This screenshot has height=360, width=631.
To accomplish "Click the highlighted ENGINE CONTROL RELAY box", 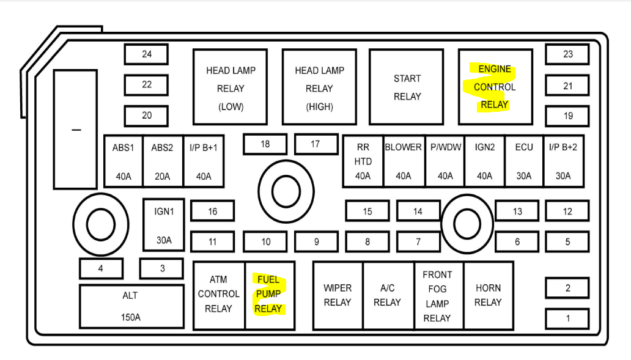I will pyautogui.click(x=495, y=87).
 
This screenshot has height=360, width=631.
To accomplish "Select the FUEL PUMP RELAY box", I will pyautogui.click(x=269, y=295).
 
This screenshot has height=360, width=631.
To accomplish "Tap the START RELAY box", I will pyautogui.click(x=407, y=87).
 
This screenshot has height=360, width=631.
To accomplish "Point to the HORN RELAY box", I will pyautogui.click(x=488, y=295).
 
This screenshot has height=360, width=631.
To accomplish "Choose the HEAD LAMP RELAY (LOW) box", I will pyautogui.click(x=231, y=87).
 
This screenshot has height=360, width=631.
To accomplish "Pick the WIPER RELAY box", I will pyautogui.click(x=338, y=295).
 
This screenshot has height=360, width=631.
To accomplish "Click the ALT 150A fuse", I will pyautogui.click(x=131, y=306).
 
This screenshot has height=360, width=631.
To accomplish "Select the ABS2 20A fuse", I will pyautogui.click(x=162, y=161).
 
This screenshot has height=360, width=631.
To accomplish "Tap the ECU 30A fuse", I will pyautogui.click(x=524, y=161).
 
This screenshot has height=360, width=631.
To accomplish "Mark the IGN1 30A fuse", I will pyautogui.click(x=164, y=224).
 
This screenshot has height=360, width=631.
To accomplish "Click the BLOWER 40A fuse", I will pyautogui.click(x=404, y=161).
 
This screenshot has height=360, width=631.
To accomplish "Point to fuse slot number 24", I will pyautogui.click(x=147, y=54).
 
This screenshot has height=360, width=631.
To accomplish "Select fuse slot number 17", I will pyautogui.click(x=315, y=144).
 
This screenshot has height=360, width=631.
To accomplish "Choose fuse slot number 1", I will pyautogui.click(x=567, y=318).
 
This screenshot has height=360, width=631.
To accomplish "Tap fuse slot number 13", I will pyautogui.click(x=517, y=211).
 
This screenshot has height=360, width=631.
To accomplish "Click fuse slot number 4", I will pyautogui.click(x=101, y=268).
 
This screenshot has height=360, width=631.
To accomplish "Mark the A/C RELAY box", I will pyautogui.click(x=388, y=295).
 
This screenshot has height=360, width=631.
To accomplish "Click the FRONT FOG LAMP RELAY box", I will pyautogui.click(x=437, y=295).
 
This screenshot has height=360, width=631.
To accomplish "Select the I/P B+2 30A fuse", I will pyautogui.click(x=563, y=161).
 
